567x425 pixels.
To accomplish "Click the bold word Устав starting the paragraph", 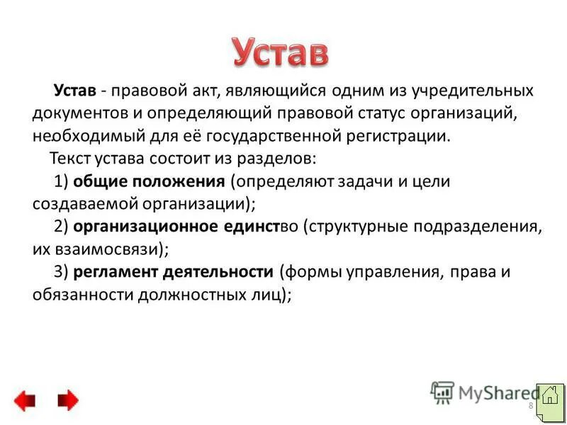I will (x=75, y=91).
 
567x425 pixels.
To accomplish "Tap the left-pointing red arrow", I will (x=25, y=401).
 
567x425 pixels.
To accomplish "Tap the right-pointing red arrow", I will (x=67, y=401).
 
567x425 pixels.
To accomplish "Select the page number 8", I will (x=530, y=404).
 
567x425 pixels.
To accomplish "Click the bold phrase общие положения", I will (x=149, y=181).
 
